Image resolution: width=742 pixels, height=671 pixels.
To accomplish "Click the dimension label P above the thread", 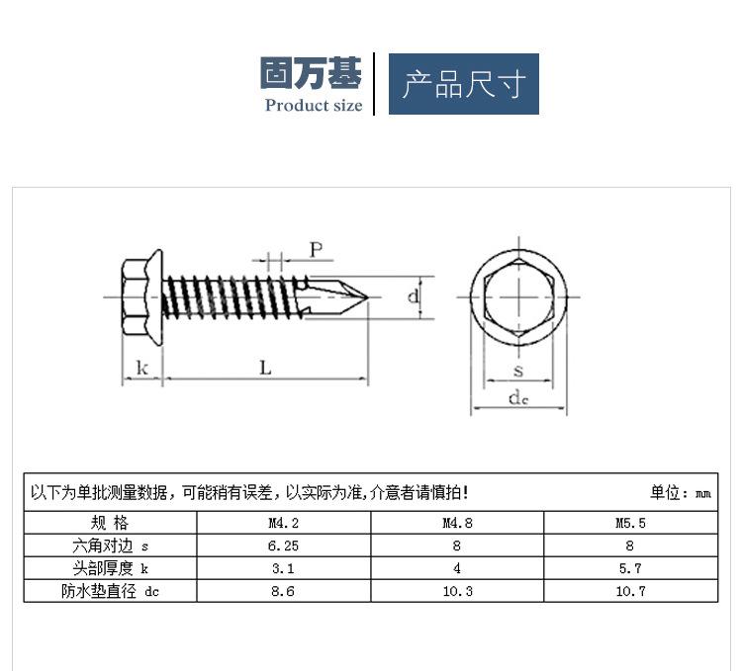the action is (317, 249).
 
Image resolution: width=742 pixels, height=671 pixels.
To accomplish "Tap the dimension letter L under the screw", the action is (265, 368).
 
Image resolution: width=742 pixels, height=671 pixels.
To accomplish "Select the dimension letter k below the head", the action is (141, 368).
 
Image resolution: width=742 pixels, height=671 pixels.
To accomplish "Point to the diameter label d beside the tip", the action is (414, 296).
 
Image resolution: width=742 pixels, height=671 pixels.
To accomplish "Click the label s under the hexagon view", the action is (518, 371).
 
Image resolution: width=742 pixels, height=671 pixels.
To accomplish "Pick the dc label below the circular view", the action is (518, 398).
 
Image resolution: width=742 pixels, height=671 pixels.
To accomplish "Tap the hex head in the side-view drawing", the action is (136, 297).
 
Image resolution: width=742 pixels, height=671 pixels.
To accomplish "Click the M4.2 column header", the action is (284, 523).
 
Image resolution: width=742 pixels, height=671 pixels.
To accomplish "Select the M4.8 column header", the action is (457, 523).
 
